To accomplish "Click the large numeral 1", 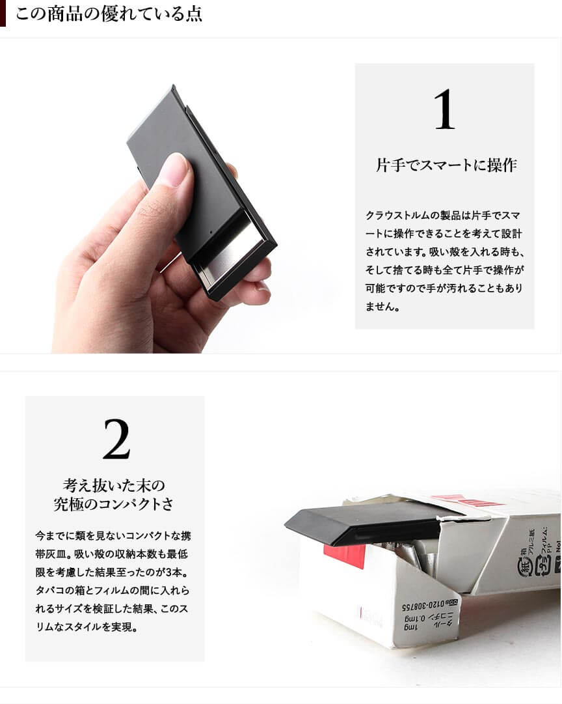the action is [444, 109].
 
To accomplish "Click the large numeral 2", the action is [116, 439].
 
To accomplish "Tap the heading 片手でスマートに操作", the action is [446, 165].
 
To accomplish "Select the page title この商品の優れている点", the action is [109, 14].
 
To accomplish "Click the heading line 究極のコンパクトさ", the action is [113, 504].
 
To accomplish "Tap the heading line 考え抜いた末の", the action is [114, 485].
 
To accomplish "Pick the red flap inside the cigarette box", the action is [345, 556].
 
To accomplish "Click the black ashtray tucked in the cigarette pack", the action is [368, 523].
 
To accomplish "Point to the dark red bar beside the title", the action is [3, 14].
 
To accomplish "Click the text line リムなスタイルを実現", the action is [86, 627].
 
